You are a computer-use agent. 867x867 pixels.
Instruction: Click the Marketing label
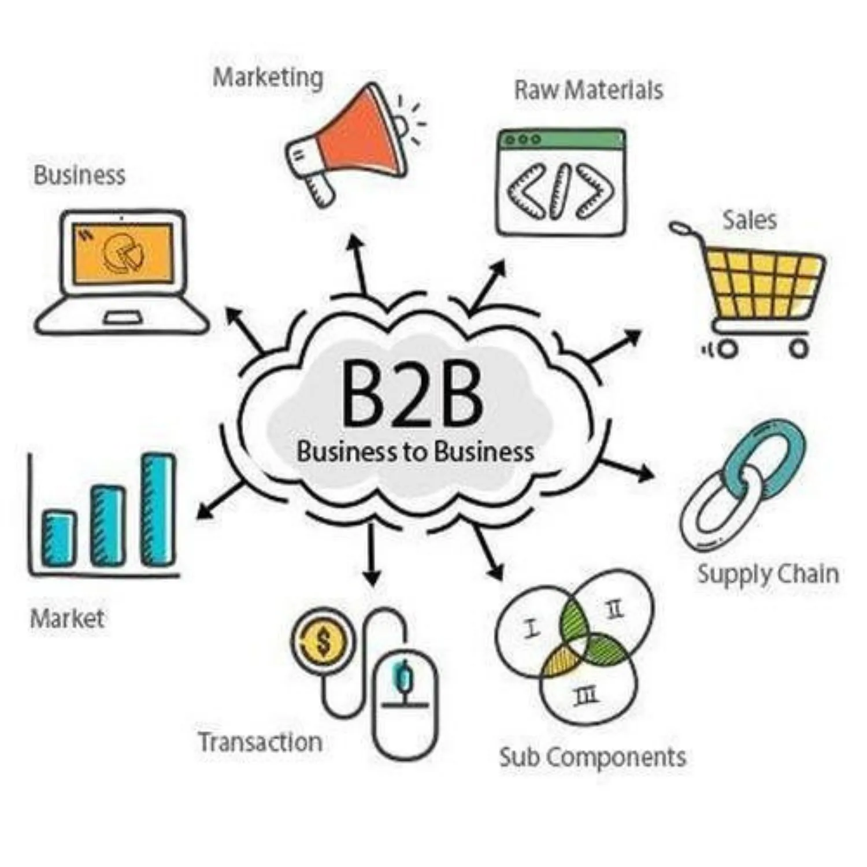click(x=268, y=78)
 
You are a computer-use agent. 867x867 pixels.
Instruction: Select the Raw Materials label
click(x=588, y=90)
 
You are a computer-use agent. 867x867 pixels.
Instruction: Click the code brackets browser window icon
click(x=561, y=182)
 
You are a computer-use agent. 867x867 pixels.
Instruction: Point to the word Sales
click(x=750, y=220)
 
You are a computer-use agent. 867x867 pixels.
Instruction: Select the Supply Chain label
click(x=768, y=575)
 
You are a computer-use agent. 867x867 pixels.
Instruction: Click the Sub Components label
click(x=592, y=757)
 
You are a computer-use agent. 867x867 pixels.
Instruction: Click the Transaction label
click(x=260, y=742)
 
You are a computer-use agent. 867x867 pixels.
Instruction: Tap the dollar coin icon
click(x=321, y=640)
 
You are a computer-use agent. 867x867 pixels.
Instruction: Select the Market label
click(x=67, y=618)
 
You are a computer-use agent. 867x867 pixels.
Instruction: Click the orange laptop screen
click(x=123, y=253)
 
